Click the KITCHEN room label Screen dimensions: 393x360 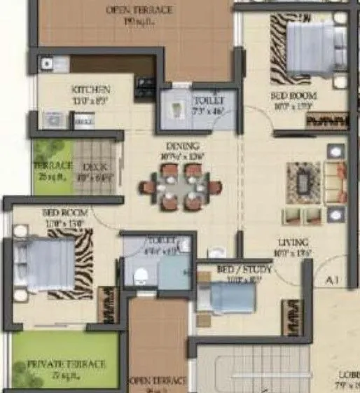point(91,90)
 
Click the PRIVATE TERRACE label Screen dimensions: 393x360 point(67,364)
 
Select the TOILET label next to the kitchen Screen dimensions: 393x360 point(208,101)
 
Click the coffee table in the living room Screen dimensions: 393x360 point(303,182)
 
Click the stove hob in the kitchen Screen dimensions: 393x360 point(146,84)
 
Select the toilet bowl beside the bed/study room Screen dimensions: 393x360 point(139,275)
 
